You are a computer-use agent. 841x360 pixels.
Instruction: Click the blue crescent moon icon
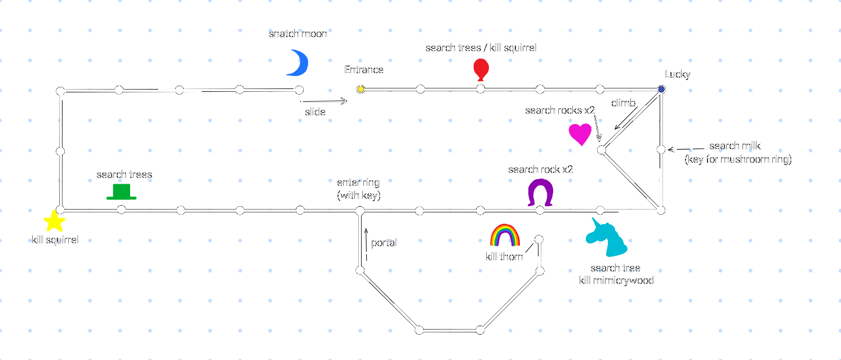pos(299,62)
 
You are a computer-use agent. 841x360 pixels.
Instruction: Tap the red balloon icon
pos(480,70)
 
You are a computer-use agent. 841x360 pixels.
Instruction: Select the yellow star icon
pos(54,221)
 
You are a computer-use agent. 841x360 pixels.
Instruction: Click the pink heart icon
pos(580,135)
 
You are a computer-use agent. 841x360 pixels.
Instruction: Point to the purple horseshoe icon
pos(540,193)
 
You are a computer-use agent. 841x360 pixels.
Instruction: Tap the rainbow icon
pos(505,235)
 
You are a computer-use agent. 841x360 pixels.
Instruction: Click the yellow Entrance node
pos(361,89)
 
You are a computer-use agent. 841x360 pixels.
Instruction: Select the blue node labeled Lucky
pos(661,89)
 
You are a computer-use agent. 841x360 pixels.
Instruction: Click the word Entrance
pos(364,70)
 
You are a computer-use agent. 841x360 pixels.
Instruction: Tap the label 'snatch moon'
pos(298,34)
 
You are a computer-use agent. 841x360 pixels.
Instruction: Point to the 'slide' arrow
pos(326,101)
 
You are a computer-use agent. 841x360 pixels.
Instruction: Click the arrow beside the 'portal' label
pos(367,243)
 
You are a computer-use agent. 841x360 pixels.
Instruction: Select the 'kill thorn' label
pos(504,257)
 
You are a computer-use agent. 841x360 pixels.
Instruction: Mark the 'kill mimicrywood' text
pos(616,280)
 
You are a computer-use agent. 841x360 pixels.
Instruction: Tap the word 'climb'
pos(623,103)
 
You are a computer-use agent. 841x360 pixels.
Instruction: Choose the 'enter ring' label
pos(358,183)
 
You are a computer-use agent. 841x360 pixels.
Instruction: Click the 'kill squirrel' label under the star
pos(55,240)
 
